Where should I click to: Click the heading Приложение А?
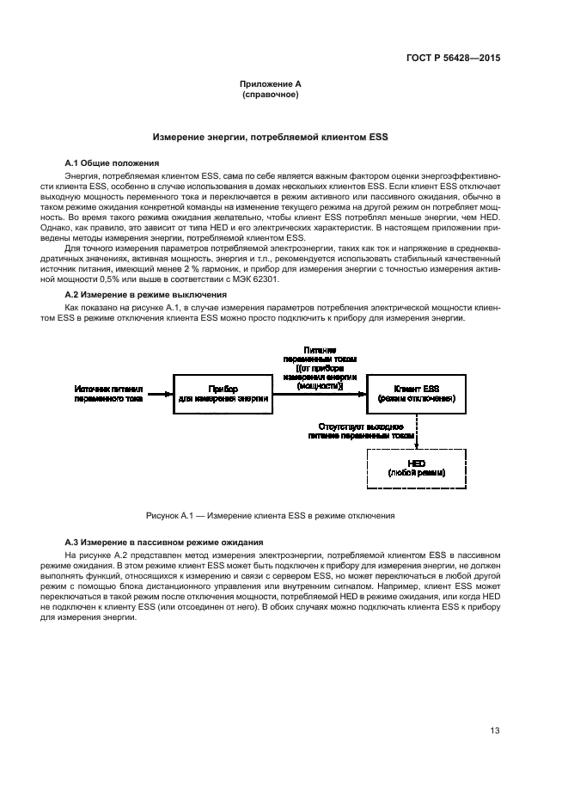[270, 85]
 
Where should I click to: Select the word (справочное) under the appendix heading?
[270, 95]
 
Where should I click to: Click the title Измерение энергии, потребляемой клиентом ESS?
[270, 137]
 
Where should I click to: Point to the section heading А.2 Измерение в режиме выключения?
[146, 294]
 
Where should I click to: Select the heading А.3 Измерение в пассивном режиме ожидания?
[164, 543]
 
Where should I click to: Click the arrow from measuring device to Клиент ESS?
[320, 396]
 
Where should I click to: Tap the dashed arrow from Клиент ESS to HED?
[418, 433]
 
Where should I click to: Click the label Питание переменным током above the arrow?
[319, 354]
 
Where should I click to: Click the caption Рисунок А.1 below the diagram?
[270, 516]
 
